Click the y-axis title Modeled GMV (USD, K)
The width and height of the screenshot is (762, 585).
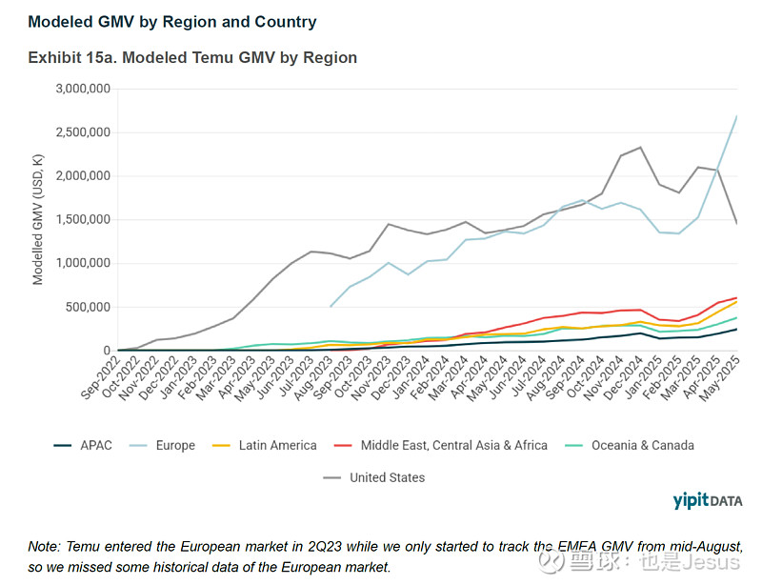click(x=39, y=219)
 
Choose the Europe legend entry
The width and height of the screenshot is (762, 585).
click(x=175, y=445)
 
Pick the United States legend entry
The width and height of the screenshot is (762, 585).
click(x=387, y=477)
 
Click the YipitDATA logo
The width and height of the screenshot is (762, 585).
click(x=707, y=500)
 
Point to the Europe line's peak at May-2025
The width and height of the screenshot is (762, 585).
click(x=736, y=115)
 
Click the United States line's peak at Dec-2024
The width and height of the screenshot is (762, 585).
click(x=640, y=148)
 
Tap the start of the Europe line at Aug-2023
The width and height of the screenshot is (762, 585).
click(x=330, y=307)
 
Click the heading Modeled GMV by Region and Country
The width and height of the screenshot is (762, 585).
click(x=172, y=21)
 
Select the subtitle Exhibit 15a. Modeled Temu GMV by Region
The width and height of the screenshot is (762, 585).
click(x=192, y=57)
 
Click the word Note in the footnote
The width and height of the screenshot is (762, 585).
click(x=45, y=548)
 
